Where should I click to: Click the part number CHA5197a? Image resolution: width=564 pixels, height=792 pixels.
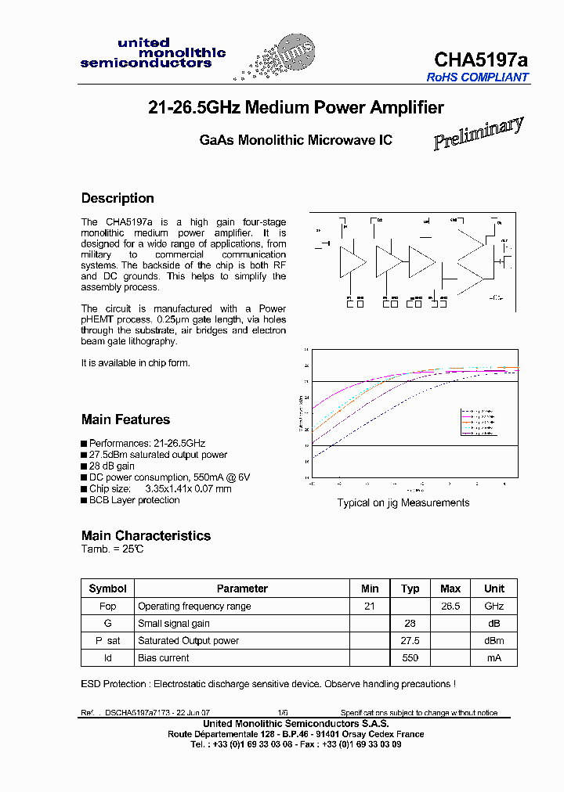(481, 59)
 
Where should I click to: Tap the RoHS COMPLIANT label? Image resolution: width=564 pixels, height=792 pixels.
(477, 77)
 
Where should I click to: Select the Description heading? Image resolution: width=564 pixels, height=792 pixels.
(117, 198)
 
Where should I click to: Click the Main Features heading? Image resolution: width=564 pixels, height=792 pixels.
(125, 419)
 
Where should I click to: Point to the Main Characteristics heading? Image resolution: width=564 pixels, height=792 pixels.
(146, 535)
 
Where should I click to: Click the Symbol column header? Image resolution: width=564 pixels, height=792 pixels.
(107, 589)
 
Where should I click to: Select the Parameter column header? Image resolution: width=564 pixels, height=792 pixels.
(242, 589)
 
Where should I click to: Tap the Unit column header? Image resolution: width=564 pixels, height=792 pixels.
(494, 589)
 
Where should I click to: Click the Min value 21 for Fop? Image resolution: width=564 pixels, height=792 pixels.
(370, 607)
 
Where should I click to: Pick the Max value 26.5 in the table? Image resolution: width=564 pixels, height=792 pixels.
(450, 607)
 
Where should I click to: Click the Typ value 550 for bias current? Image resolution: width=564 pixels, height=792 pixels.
(410, 658)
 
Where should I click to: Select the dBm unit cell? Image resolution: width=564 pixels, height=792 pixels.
(494, 641)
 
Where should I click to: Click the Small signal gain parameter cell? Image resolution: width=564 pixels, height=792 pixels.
(174, 624)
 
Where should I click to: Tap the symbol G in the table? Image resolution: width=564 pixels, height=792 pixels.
(107, 624)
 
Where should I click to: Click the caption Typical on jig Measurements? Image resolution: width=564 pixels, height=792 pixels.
(403, 502)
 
